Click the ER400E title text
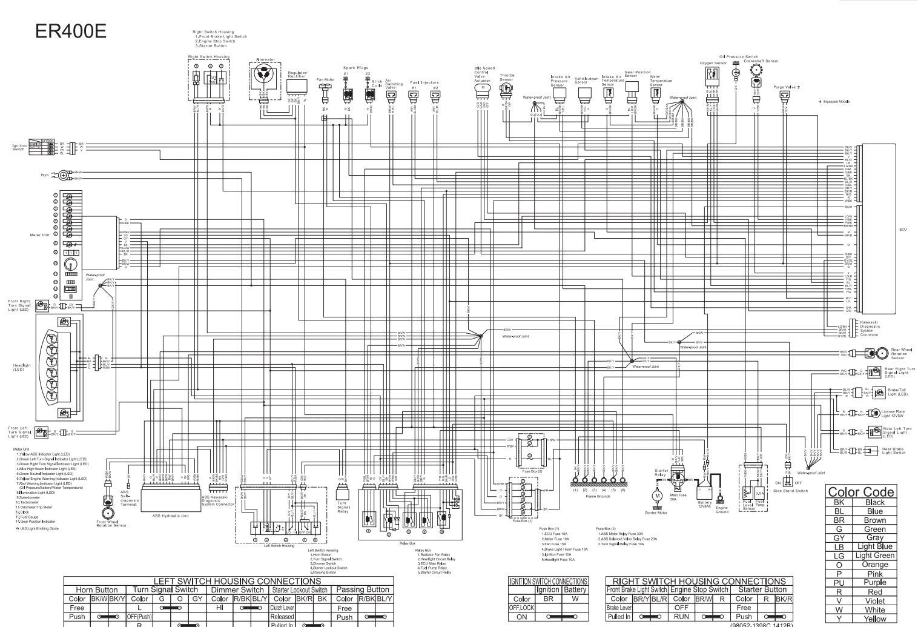click(71, 31)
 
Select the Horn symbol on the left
click(63, 176)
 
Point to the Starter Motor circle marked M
click(657, 496)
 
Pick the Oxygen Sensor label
click(713, 63)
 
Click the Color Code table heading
click(860, 492)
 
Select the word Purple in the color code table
click(874, 582)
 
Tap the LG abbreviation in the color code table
click(839, 556)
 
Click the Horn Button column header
click(97, 589)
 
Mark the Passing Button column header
click(363, 589)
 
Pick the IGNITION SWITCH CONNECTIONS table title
click(548, 581)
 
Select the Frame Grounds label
click(598, 496)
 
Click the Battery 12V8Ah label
click(705, 504)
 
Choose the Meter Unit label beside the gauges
click(40, 235)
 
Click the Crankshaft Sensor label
click(761, 61)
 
